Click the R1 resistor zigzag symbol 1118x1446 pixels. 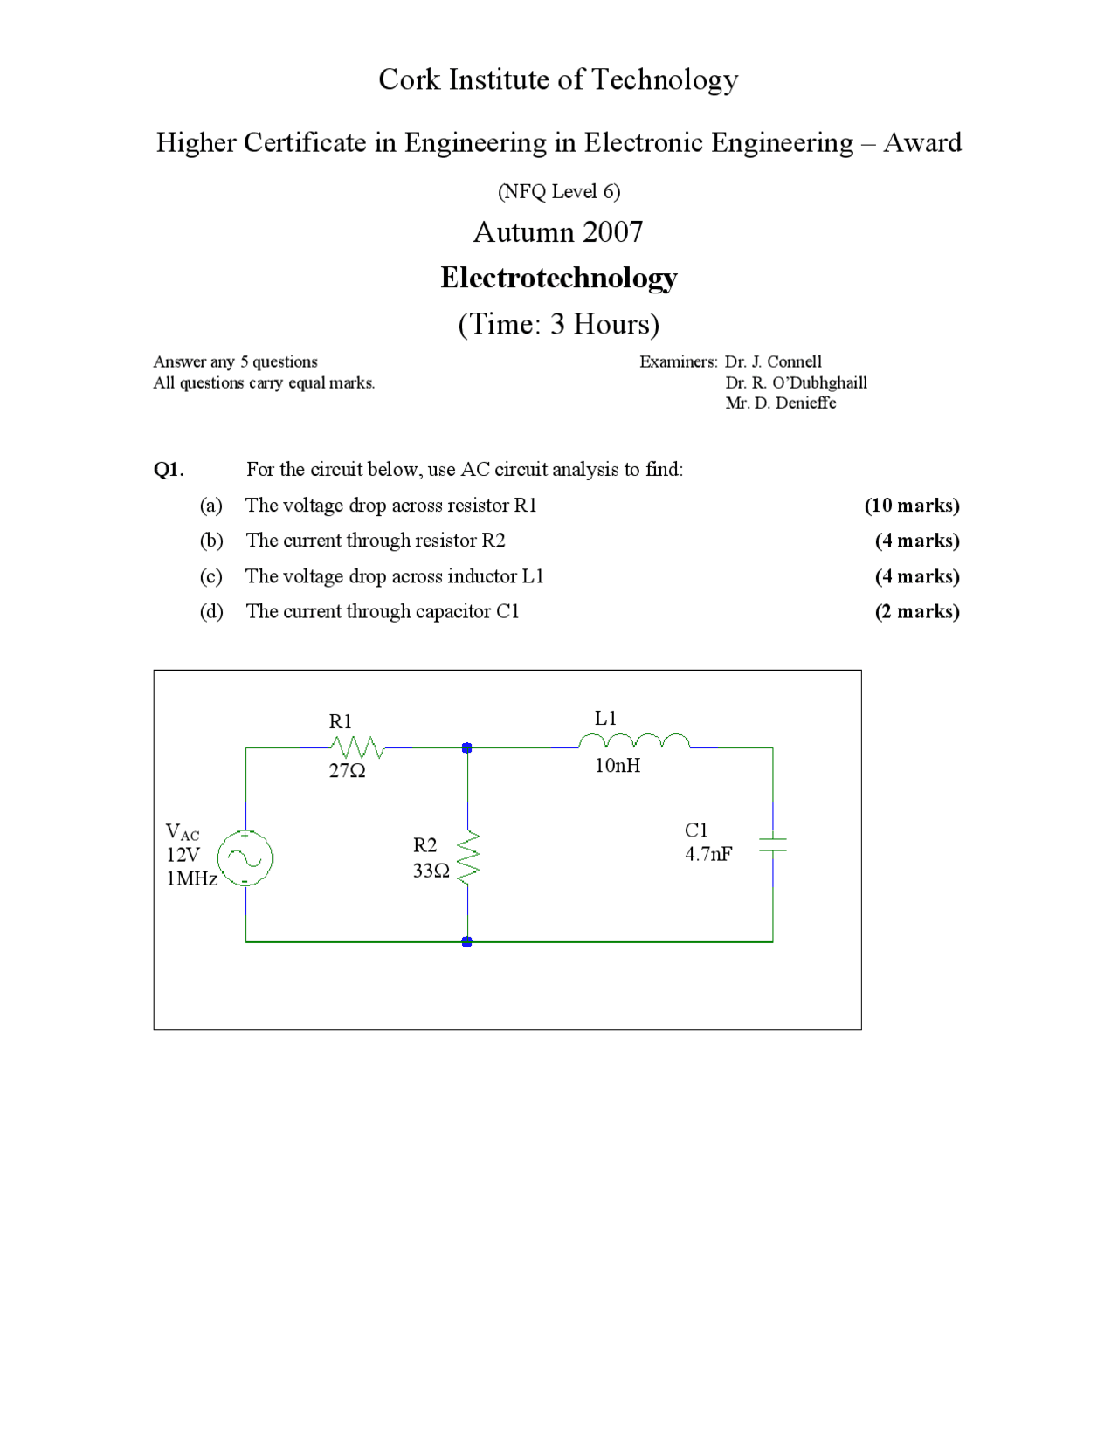(x=356, y=747)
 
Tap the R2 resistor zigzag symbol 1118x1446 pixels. (x=468, y=856)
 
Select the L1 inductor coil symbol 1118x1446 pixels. (x=634, y=743)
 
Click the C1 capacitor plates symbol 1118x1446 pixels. (x=772, y=844)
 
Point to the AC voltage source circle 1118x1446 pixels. (x=245, y=858)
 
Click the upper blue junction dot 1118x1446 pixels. (x=467, y=748)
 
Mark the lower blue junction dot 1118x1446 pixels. (x=467, y=941)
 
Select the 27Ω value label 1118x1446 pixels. (x=347, y=770)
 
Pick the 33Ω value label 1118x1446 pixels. (x=431, y=871)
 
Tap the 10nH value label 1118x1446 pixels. (x=618, y=766)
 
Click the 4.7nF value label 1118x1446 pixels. (x=708, y=854)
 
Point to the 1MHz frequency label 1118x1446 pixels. (x=192, y=878)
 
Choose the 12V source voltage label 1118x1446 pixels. (x=183, y=855)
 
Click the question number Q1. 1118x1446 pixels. (x=169, y=470)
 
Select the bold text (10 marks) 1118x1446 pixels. (x=912, y=506)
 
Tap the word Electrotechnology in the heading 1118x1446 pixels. (x=559, y=278)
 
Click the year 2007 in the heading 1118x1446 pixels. (x=612, y=232)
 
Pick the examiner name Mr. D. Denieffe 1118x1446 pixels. (x=780, y=403)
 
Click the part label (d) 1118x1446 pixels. (x=211, y=611)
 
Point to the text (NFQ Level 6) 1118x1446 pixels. (x=559, y=191)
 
